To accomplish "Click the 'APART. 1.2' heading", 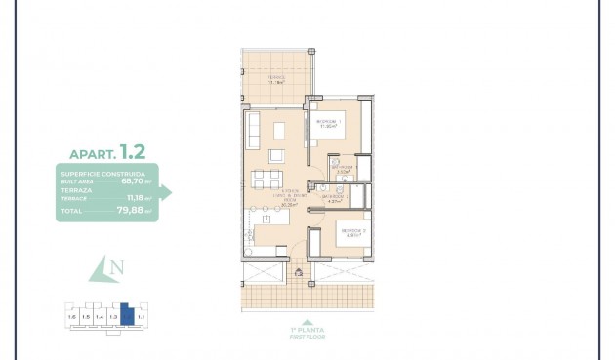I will (107, 152).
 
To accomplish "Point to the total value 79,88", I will (134, 210).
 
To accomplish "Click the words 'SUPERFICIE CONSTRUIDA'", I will (102, 174).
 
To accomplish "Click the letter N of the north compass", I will (116, 266).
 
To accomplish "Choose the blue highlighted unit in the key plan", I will (126, 314).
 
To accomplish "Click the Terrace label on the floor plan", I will (277, 81).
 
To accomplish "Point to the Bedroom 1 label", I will (327, 124).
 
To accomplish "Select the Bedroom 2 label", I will (351, 232).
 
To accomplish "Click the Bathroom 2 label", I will (335, 197).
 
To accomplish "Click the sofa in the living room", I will (253, 131).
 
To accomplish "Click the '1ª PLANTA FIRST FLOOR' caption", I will (307, 333).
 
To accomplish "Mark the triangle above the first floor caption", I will (307, 322).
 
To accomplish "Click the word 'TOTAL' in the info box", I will (71, 210).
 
